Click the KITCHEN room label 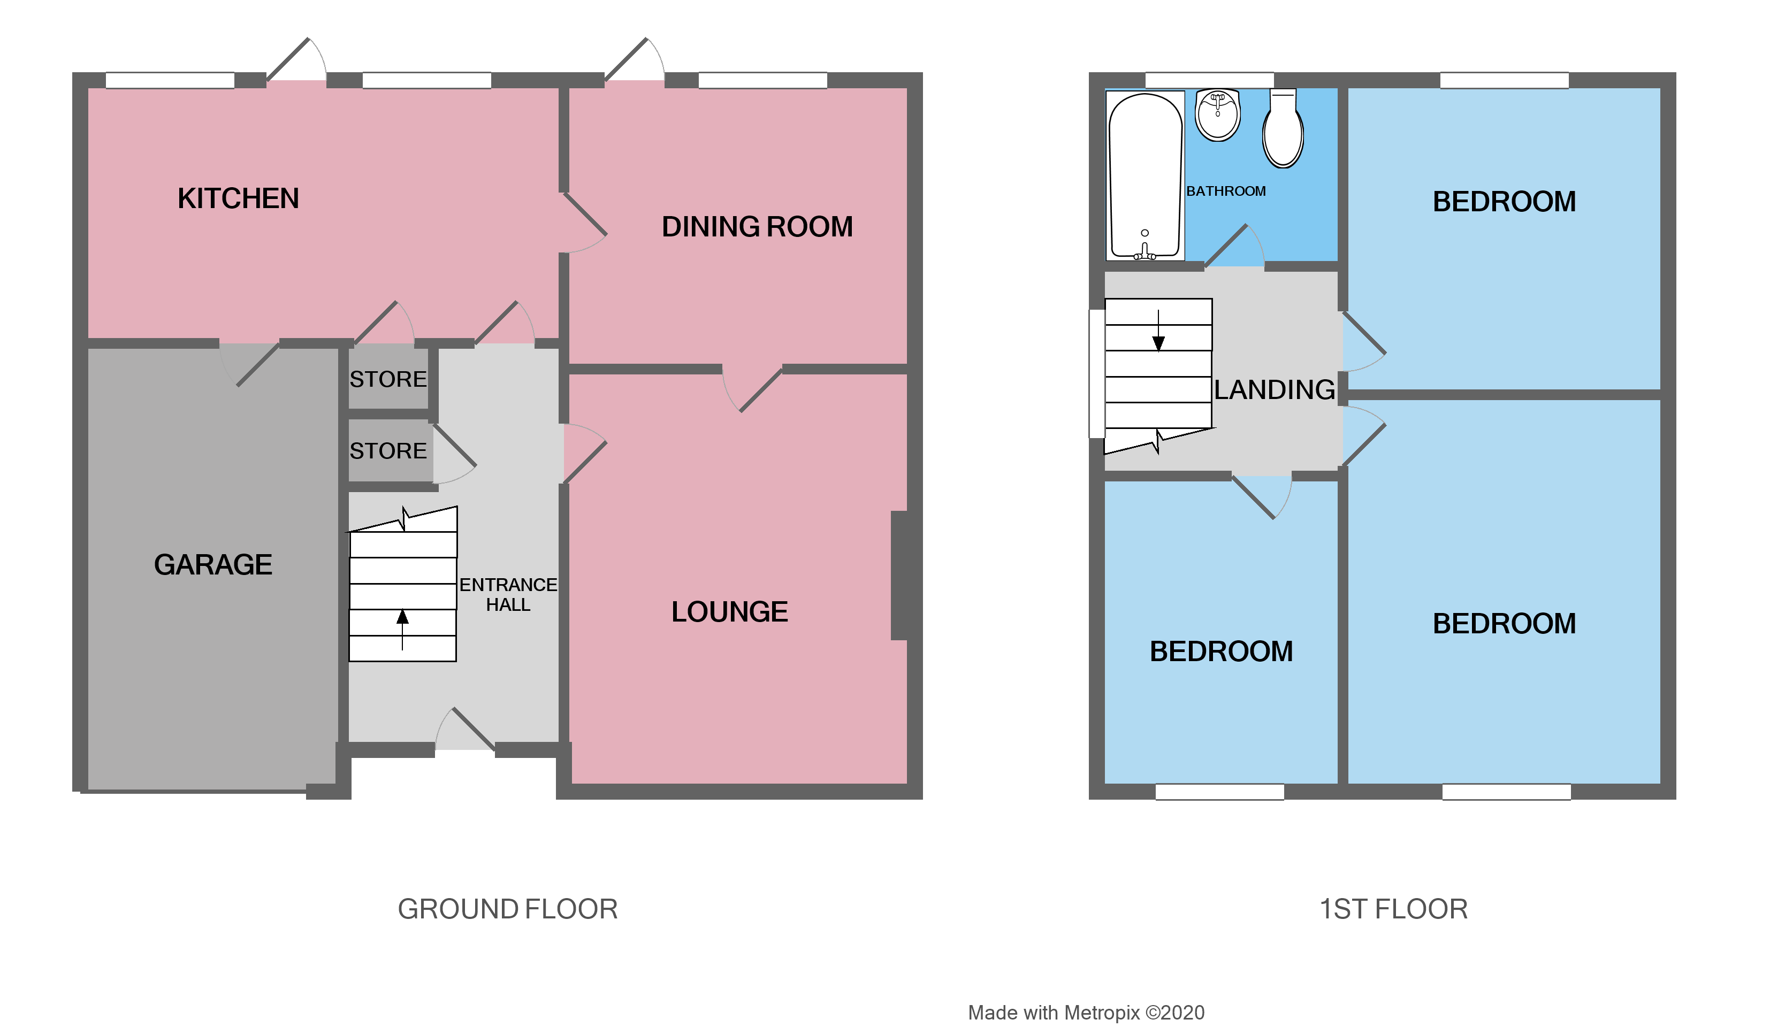pos(238,198)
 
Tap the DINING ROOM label pos(757,227)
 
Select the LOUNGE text pos(729,611)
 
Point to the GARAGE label pos(213,564)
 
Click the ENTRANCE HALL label pos(508,595)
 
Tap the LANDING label pos(1274,389)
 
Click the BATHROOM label pos(1226,191)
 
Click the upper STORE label pos(388,379)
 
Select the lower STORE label pos(388,451)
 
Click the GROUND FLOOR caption pos(507,909)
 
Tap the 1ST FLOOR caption pos(1393,909)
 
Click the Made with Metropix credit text pos(1086,1012)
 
